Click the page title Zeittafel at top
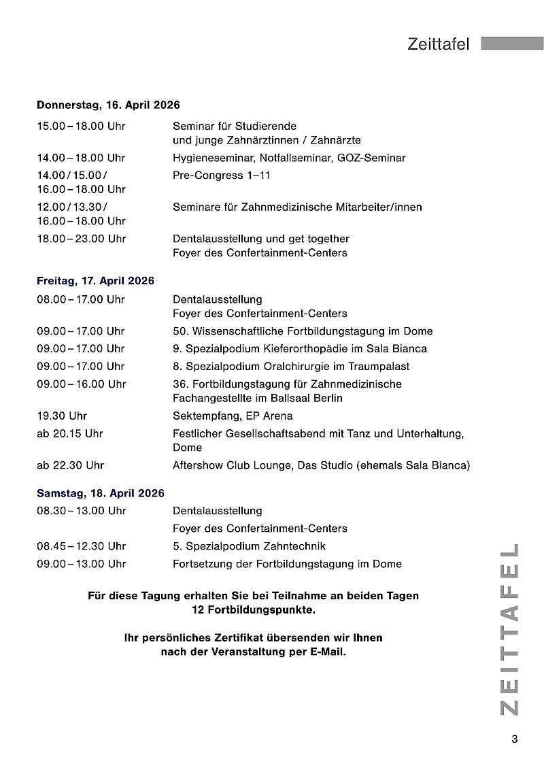point(439,44)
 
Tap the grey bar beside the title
point(512,44)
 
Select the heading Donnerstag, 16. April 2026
point(108,105)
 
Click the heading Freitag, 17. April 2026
point(95,281)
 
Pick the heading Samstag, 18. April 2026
point(101,493)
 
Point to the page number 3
point(514,739)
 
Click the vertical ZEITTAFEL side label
point(510,629)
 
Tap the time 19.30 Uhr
point(62,416)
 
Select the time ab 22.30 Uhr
point(70,465)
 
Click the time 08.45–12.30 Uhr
point(81,546)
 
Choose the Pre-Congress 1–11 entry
point(221,175)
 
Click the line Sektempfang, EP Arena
point(233,416)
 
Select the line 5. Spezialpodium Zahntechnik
point(249,546)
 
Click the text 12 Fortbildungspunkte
point(254,609)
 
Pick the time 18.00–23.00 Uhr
point(81,239)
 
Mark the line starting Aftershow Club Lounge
point(321,465)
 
